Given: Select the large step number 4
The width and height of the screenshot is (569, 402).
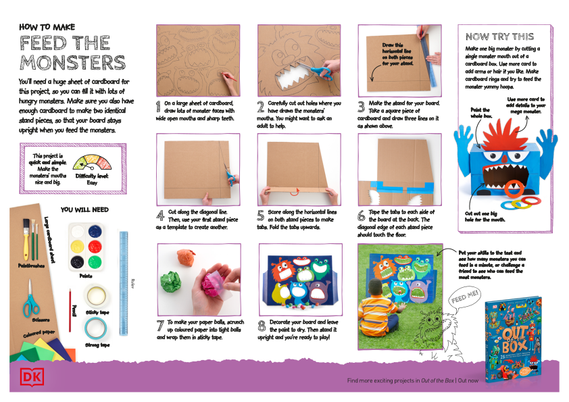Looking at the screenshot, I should (160, 216).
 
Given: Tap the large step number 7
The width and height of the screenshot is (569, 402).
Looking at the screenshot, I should (160, 326).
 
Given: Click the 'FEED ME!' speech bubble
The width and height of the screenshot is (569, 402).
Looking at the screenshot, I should (461, 297).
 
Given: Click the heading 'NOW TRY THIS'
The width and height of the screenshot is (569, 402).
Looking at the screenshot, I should (499, 36).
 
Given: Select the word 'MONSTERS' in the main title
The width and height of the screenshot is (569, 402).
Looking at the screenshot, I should (72, 62).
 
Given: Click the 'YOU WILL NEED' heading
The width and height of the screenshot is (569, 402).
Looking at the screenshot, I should (84, 209).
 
